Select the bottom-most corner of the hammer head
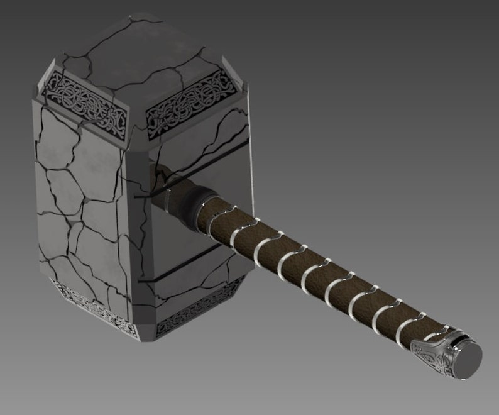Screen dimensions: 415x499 146,339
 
